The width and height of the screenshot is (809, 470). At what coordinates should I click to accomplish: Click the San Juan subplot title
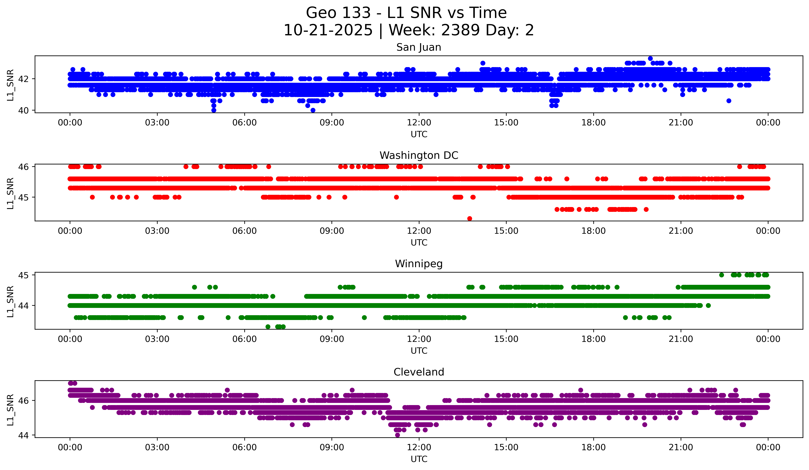click(419, 47)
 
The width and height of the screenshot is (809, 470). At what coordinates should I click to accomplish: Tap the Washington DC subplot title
click(419, 155)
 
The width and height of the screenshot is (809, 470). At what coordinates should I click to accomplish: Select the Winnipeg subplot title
click(419, 264)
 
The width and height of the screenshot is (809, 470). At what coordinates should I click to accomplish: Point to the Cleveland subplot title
click(419, 372)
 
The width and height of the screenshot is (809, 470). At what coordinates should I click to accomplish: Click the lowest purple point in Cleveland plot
click(397, 435)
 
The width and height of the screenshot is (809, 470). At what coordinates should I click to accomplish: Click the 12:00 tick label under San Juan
click(419, 123)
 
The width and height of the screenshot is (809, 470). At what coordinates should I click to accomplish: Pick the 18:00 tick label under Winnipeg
click(593, 339)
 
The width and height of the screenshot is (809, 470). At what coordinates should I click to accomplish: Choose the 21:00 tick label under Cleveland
click(681, 448)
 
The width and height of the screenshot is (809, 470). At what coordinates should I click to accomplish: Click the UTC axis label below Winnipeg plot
click(419, 351)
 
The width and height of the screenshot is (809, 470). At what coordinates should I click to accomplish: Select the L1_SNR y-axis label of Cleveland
click(10, 410)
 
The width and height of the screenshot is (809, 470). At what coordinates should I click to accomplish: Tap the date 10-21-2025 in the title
click(328, 30)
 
